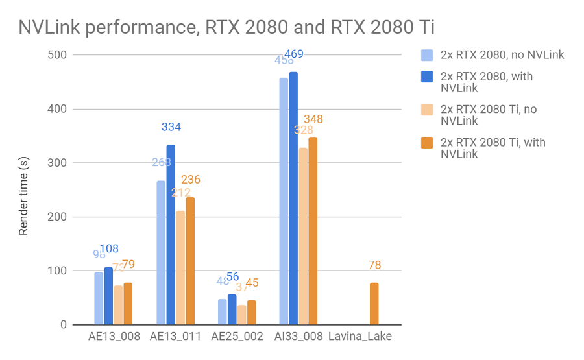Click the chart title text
[x=226, y=27]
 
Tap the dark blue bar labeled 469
[x=293, y=198]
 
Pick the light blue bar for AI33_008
[x=284, y=201]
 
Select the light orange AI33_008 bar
[x=303, y=236]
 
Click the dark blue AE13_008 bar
[x=108, y=296]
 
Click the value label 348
[x=313, y=119]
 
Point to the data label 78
[x=374, y=265]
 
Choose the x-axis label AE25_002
[x=237, y=337]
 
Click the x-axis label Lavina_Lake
[x=360, y=337]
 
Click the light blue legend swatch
[x=426, y=54]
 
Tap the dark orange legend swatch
[x=426, y=143]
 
